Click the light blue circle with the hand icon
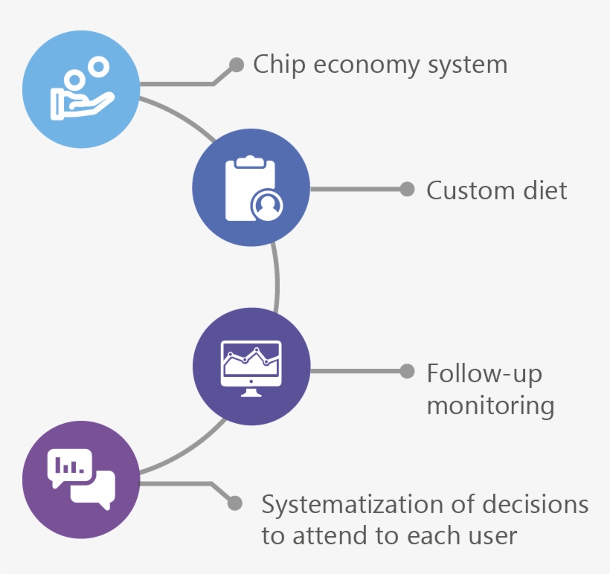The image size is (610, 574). point(81,88)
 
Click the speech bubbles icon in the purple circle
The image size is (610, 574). point(81,479)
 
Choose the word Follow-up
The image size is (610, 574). point(484,373)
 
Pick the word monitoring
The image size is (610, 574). point(490,406)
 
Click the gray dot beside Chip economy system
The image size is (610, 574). point(236,65)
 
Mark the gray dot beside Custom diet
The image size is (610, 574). point(407,189)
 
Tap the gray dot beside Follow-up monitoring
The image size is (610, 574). point(407,371)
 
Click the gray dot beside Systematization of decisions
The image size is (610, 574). point(235,503)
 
